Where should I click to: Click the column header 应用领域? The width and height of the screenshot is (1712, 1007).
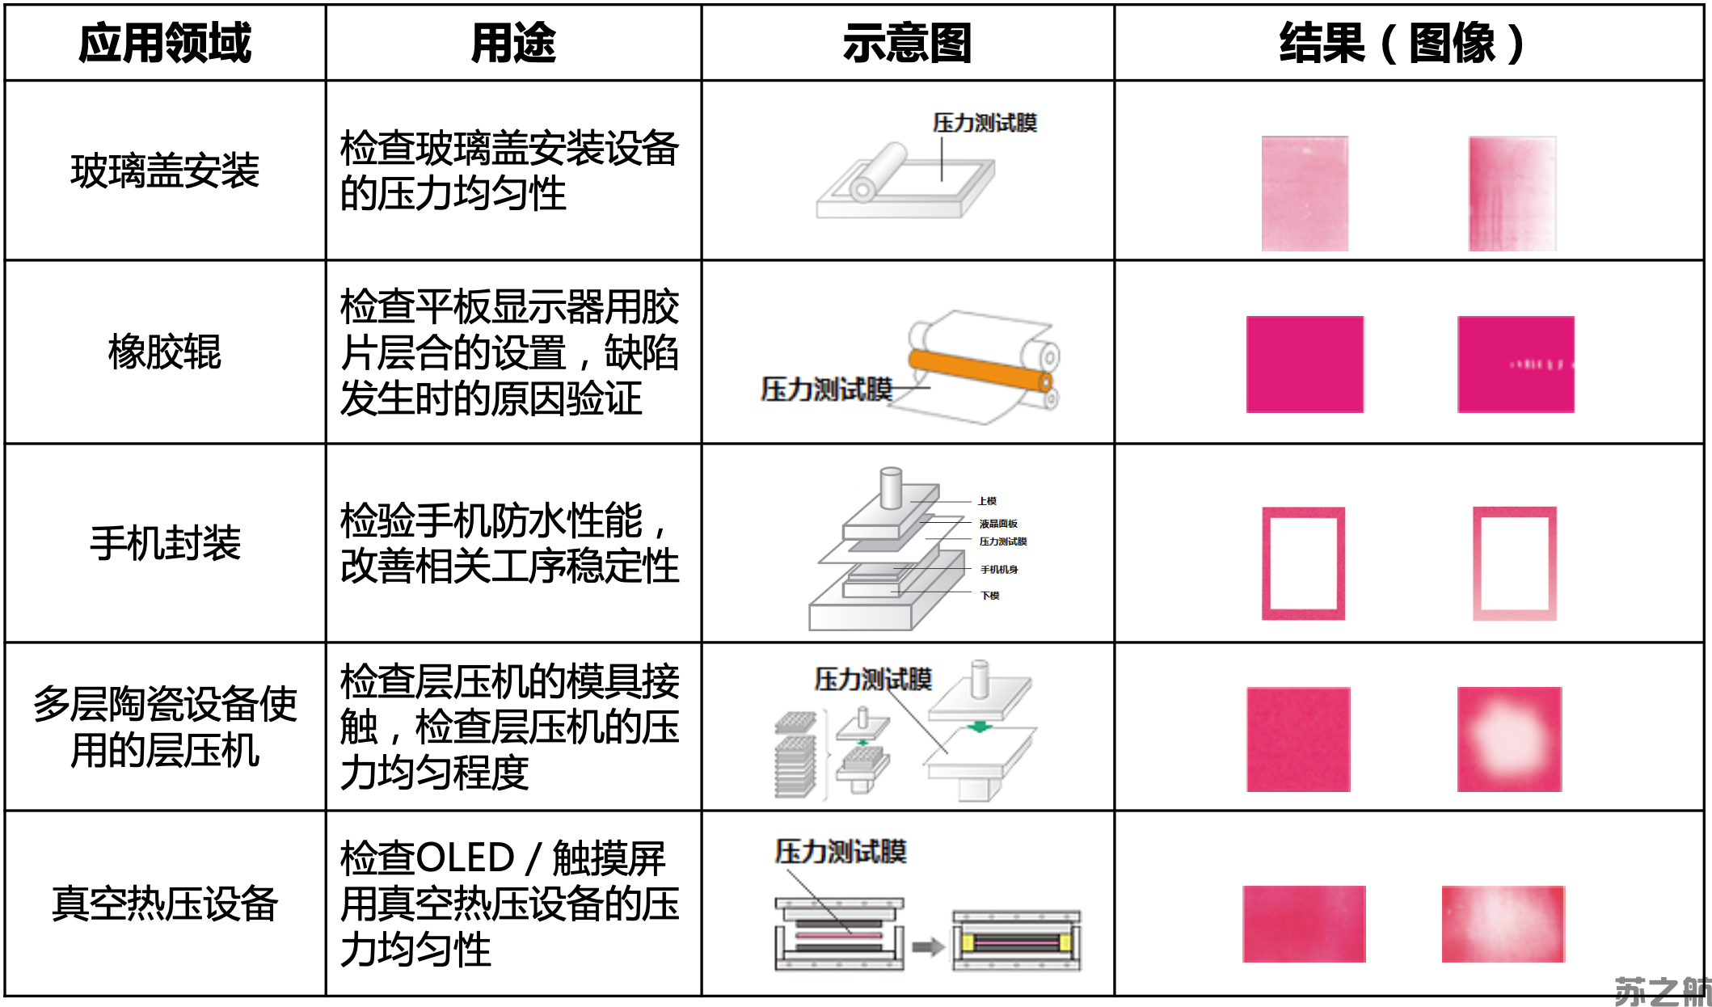(x=165, y=43)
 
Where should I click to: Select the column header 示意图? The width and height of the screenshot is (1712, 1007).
(x=907, y=43)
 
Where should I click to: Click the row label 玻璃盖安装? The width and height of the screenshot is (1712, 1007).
(x=165, y=171)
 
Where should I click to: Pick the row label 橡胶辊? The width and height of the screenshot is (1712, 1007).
(x=165, y=352)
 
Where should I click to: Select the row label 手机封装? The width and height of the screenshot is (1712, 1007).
(x=165, y=542)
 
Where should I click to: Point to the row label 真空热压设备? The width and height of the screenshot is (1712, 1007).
(x=165, y=903)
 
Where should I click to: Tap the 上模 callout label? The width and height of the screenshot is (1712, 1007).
(x=987, y=501)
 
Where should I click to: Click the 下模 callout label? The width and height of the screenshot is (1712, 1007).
(x=989, y=596)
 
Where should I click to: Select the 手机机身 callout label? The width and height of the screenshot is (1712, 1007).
(x=999, y=570)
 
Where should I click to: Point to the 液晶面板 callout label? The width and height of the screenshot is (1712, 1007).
(x=998, y=524)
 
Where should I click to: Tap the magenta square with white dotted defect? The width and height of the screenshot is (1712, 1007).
(x=1516, y=364)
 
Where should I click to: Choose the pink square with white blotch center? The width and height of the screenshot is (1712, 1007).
(x=1509, y=739)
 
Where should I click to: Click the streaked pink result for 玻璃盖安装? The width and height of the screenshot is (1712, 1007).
(x=1512, y=194)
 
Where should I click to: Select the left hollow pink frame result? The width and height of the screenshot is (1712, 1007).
(x=1303, y=563)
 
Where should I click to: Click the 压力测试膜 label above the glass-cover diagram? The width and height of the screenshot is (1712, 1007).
(x=985, y=123)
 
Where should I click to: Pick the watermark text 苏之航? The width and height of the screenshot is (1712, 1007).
(x=1662, y=991)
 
